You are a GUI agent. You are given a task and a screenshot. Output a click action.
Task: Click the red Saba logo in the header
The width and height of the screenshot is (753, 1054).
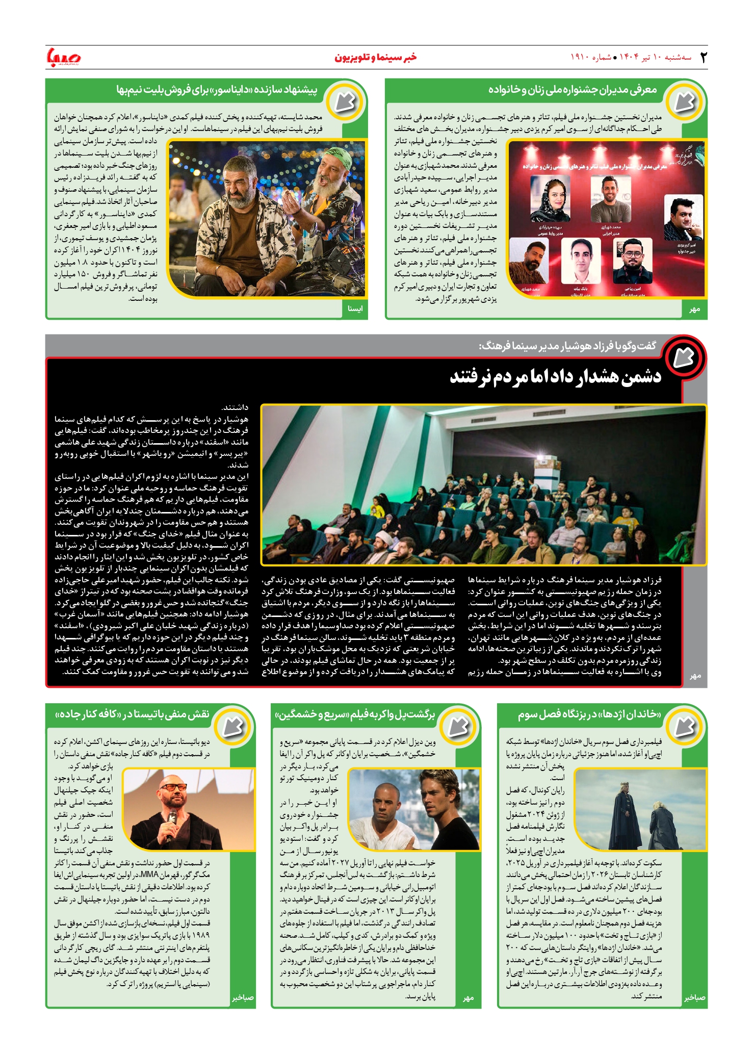click(63, 57)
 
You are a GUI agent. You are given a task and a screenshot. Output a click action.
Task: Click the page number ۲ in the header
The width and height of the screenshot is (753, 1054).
click(703, 57)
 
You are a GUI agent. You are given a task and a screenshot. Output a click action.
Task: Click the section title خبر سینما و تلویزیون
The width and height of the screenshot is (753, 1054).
click(375, 57)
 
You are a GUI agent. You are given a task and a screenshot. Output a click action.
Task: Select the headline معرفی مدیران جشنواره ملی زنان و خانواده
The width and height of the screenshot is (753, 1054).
click(572, 90)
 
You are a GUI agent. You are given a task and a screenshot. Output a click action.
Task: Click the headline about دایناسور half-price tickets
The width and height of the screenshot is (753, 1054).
click(217, 90)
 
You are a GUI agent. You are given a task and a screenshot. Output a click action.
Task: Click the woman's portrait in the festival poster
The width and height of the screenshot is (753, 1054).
click(550, 199)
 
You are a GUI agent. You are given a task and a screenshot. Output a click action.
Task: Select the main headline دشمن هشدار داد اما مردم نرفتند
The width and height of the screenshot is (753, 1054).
click(555, 377)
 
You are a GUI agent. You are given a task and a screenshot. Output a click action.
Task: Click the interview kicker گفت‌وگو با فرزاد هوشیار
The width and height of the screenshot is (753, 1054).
click(567, 346)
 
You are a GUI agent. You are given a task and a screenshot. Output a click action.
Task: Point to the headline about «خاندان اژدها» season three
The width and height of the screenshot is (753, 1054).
click(589, 714)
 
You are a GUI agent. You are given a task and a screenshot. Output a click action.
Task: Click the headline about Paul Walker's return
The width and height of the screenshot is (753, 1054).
click(355, 714)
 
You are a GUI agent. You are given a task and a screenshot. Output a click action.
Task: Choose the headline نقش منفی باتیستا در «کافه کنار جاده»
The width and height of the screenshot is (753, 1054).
click(132, 714)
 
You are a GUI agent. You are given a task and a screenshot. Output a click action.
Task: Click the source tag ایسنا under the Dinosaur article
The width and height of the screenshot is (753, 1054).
click(355, 309)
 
